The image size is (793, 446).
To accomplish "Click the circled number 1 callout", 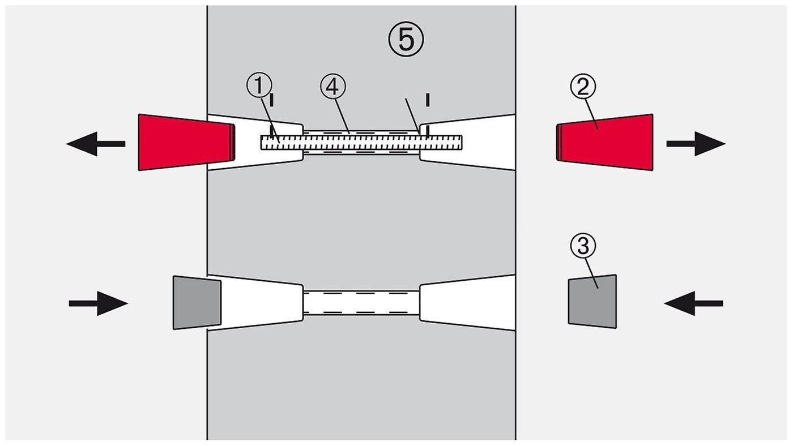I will pos(258,86).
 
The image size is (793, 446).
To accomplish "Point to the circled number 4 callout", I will pos(332,86).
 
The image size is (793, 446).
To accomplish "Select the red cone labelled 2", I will pos(606,142).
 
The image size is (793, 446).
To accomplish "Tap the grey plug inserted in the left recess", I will pos(197,303).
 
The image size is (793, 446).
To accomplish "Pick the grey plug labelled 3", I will pos(592,302).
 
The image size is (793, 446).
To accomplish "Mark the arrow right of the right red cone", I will pos(696,144).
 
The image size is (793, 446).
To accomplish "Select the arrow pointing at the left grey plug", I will pos(98,303).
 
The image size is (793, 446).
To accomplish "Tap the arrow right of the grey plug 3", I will pos(693,303).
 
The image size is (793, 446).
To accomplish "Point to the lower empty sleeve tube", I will pos(361,303).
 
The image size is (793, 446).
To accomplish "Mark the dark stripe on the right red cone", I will pos(558,143).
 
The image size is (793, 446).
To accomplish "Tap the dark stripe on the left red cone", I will pos(232,142).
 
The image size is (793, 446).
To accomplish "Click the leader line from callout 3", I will pos(591,271).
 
